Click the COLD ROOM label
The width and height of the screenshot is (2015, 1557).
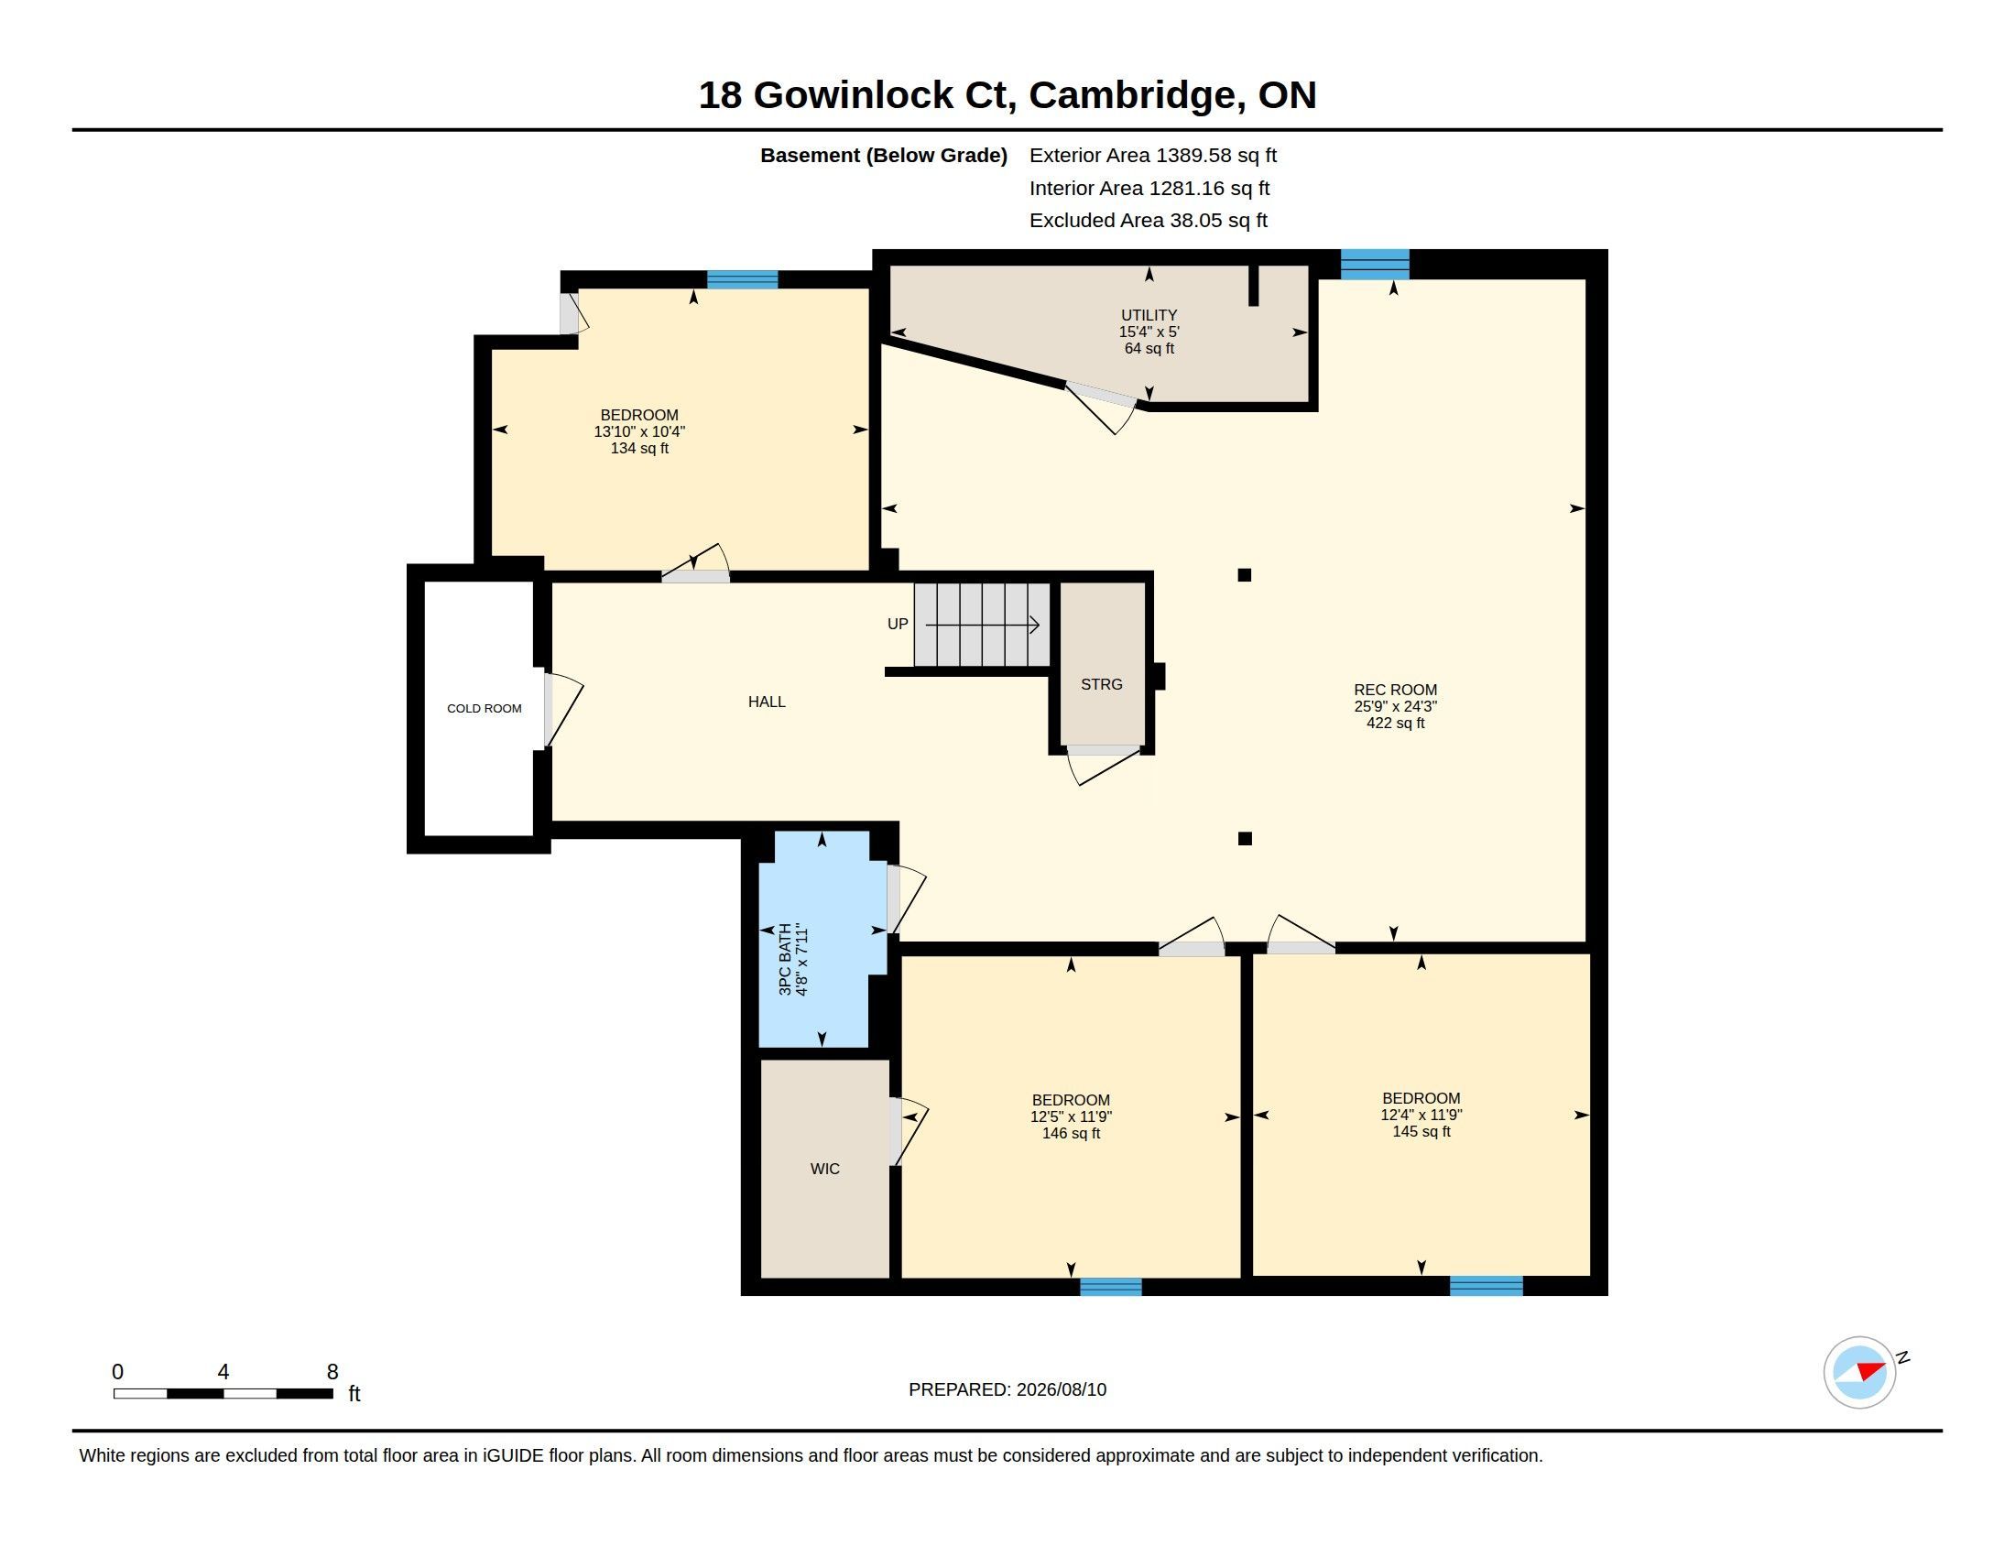(x=485, y=708)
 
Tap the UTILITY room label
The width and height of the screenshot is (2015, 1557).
(x=1149, y=314)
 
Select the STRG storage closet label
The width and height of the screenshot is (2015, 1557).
(x=1102, y=684)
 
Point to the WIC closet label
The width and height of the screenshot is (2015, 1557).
(x=825, y=1169)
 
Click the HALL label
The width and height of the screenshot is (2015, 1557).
(x=767, y=702)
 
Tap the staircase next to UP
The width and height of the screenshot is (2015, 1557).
(x=983, y=625)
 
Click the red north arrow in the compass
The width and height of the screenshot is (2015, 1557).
(x=1871, y=1370)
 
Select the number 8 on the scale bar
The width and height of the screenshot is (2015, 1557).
(x=332, y=1372)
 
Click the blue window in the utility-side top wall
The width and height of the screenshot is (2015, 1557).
(x=1375, y=264)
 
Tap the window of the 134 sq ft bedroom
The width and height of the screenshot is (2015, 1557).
(x=743, y=279)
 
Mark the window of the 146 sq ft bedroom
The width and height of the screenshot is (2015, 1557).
(x=1111, y=1287)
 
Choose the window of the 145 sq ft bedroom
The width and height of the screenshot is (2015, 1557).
(x=1487, y=1286)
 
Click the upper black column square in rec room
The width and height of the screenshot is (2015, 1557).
(x=1245, y=575)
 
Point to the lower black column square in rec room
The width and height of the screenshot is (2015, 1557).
(x=1245, y=838)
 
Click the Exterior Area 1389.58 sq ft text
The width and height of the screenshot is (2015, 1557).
(x=1153, y=156)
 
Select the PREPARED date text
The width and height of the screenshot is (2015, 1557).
(x=1007, y=1389)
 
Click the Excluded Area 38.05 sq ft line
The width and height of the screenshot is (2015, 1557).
(x=1149, y=221)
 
